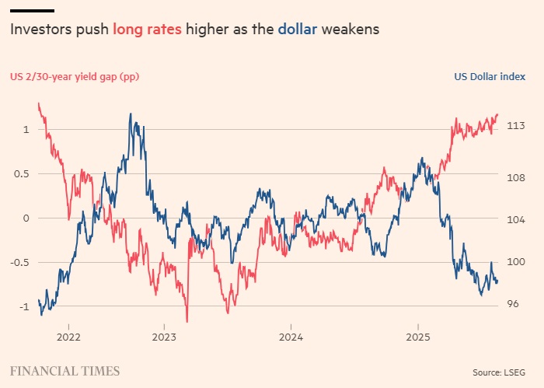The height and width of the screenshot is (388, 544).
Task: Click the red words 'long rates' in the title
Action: pos(147,30)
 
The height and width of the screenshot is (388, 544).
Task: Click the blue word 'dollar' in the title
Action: pos(296,30)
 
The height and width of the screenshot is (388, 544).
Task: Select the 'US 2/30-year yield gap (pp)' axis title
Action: pos(74,76)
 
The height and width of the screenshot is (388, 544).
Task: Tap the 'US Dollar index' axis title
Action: pos(489,76)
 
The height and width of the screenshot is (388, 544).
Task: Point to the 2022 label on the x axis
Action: pos(68,337)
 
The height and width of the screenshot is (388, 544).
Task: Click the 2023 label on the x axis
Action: pos(163,337)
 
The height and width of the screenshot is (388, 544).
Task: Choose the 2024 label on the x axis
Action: pos(291,337)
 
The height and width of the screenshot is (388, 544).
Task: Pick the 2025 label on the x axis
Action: pos(418,337)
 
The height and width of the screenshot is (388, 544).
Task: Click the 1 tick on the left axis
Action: pos(26,129)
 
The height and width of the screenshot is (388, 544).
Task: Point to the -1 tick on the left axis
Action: pos(24,306)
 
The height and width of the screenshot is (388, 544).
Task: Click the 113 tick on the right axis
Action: pos(516,125)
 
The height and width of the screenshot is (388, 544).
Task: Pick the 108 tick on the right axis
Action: pos(516,177)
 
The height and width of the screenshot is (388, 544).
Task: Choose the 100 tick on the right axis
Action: pos(516,262)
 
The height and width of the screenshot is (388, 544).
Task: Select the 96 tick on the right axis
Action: pos(514,304)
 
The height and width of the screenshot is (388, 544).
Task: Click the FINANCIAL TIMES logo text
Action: pos(65,371)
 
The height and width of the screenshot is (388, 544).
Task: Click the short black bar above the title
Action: pos(32,11)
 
